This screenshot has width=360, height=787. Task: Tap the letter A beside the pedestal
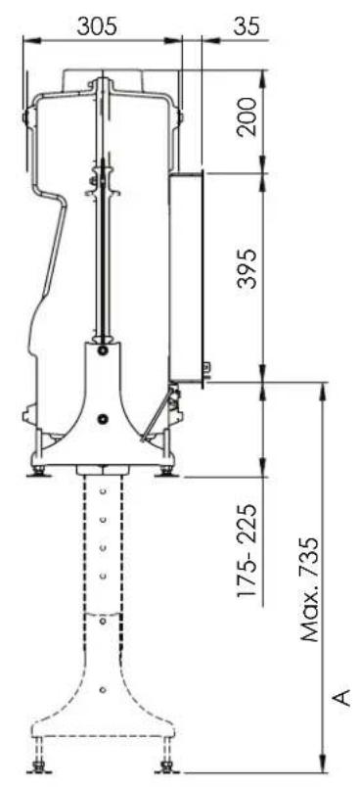(x=340, y=698)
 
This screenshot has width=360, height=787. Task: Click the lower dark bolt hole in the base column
(x=103, y=418)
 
